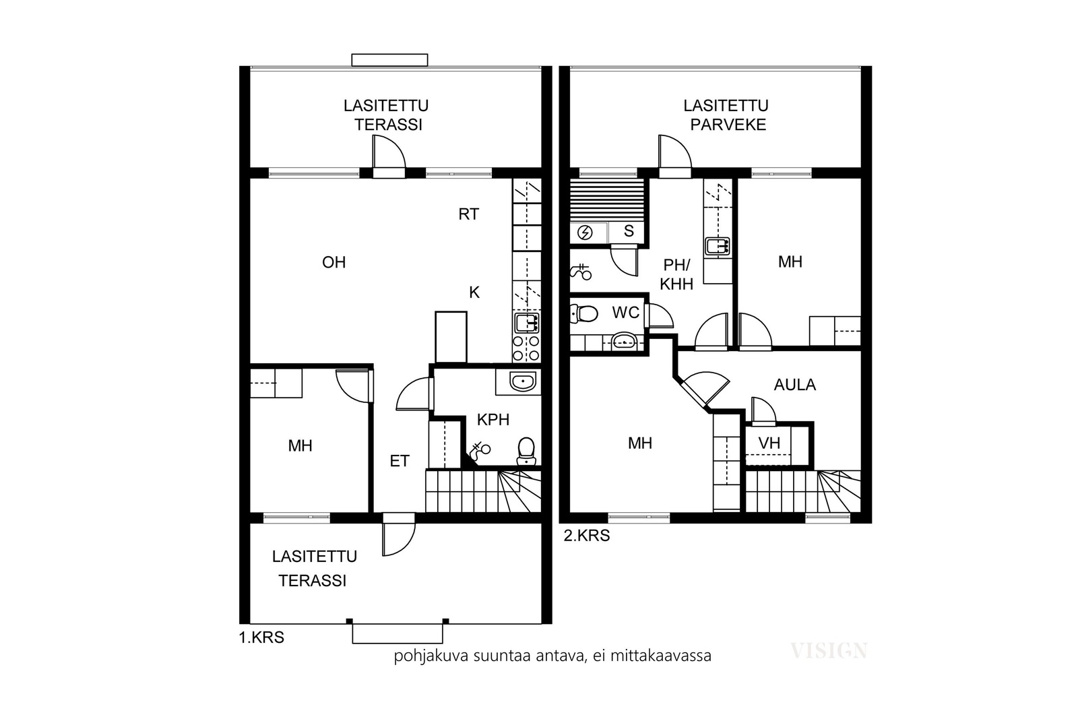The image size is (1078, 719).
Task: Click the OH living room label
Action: click(334, 262)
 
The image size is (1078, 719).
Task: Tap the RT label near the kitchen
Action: click(469, 214)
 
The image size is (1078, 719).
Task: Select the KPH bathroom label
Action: click(493, 420)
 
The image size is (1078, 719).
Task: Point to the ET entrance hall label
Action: click(400, 461)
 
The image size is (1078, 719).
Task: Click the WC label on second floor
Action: click(626, 313)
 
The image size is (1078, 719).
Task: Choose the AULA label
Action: click(795, 385)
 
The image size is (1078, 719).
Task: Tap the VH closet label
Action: click(769, 443)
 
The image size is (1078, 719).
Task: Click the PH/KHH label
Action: click(676, 274)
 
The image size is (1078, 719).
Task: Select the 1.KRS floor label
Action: click(262, 637)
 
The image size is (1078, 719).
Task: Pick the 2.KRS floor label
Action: click(587, 536)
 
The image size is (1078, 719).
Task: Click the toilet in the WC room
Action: click(583, 314)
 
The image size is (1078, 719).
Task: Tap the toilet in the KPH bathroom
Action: click(526, 451)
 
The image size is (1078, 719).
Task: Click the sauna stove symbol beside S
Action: click(585, 233)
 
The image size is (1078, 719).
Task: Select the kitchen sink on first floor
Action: click(527, 323)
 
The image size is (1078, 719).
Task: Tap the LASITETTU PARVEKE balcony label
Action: click(726, 115)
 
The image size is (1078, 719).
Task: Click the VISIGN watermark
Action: click(829, 651)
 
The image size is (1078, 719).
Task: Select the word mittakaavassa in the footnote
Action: click(661, 656)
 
